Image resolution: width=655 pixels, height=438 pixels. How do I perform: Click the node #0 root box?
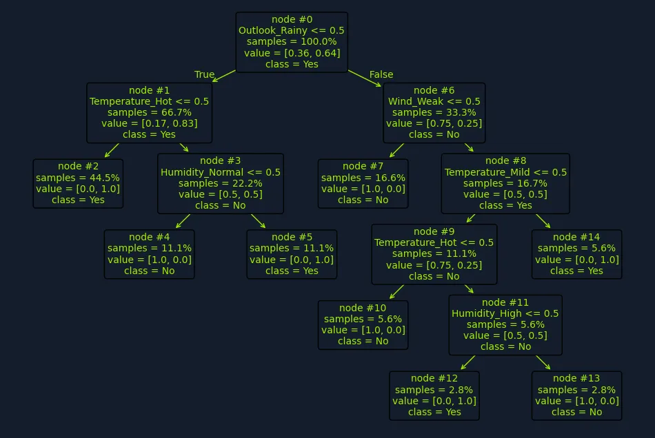click(x=292, y=42)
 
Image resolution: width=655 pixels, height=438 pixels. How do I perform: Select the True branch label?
click(x=204, y=74)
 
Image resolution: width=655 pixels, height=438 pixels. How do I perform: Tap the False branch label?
click(x=381, y=74)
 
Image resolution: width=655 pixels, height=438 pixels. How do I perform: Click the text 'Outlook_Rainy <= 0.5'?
click(x=292, y=30)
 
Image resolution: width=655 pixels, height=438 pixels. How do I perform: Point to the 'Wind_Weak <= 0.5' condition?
click(x=434, y=101)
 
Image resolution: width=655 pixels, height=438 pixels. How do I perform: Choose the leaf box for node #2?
click(x=78, y=184)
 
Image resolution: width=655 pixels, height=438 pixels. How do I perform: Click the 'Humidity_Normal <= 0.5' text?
click(x=221, y=172)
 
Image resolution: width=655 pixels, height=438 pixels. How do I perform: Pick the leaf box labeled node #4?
click(x=149, y=254)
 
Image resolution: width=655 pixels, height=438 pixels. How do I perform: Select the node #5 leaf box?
click(x=292, y=254)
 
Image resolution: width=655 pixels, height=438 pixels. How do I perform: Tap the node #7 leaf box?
click(x=363, y=184)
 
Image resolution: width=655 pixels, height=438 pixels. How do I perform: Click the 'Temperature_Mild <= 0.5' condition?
click(x=505, y=172)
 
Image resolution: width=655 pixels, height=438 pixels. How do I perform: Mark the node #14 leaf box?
click(x=576, y=254)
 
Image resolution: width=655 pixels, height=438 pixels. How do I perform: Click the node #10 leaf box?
click(x=363, y=325)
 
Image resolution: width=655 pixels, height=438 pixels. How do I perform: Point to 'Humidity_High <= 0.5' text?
click(x=505, y=313)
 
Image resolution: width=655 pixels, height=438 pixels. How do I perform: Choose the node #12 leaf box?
click(x=434, y=395)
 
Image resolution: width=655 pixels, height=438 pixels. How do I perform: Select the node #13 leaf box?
click(x=576, y=395)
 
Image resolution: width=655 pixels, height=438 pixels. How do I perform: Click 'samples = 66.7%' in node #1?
click(x=149, y=113)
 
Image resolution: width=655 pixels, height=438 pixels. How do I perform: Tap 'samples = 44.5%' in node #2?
click(x=78, y=178)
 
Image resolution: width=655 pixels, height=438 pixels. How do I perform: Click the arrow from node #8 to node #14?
click(x=543, y=221)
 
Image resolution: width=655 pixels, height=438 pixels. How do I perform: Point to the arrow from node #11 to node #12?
click(x=468, y=362)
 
